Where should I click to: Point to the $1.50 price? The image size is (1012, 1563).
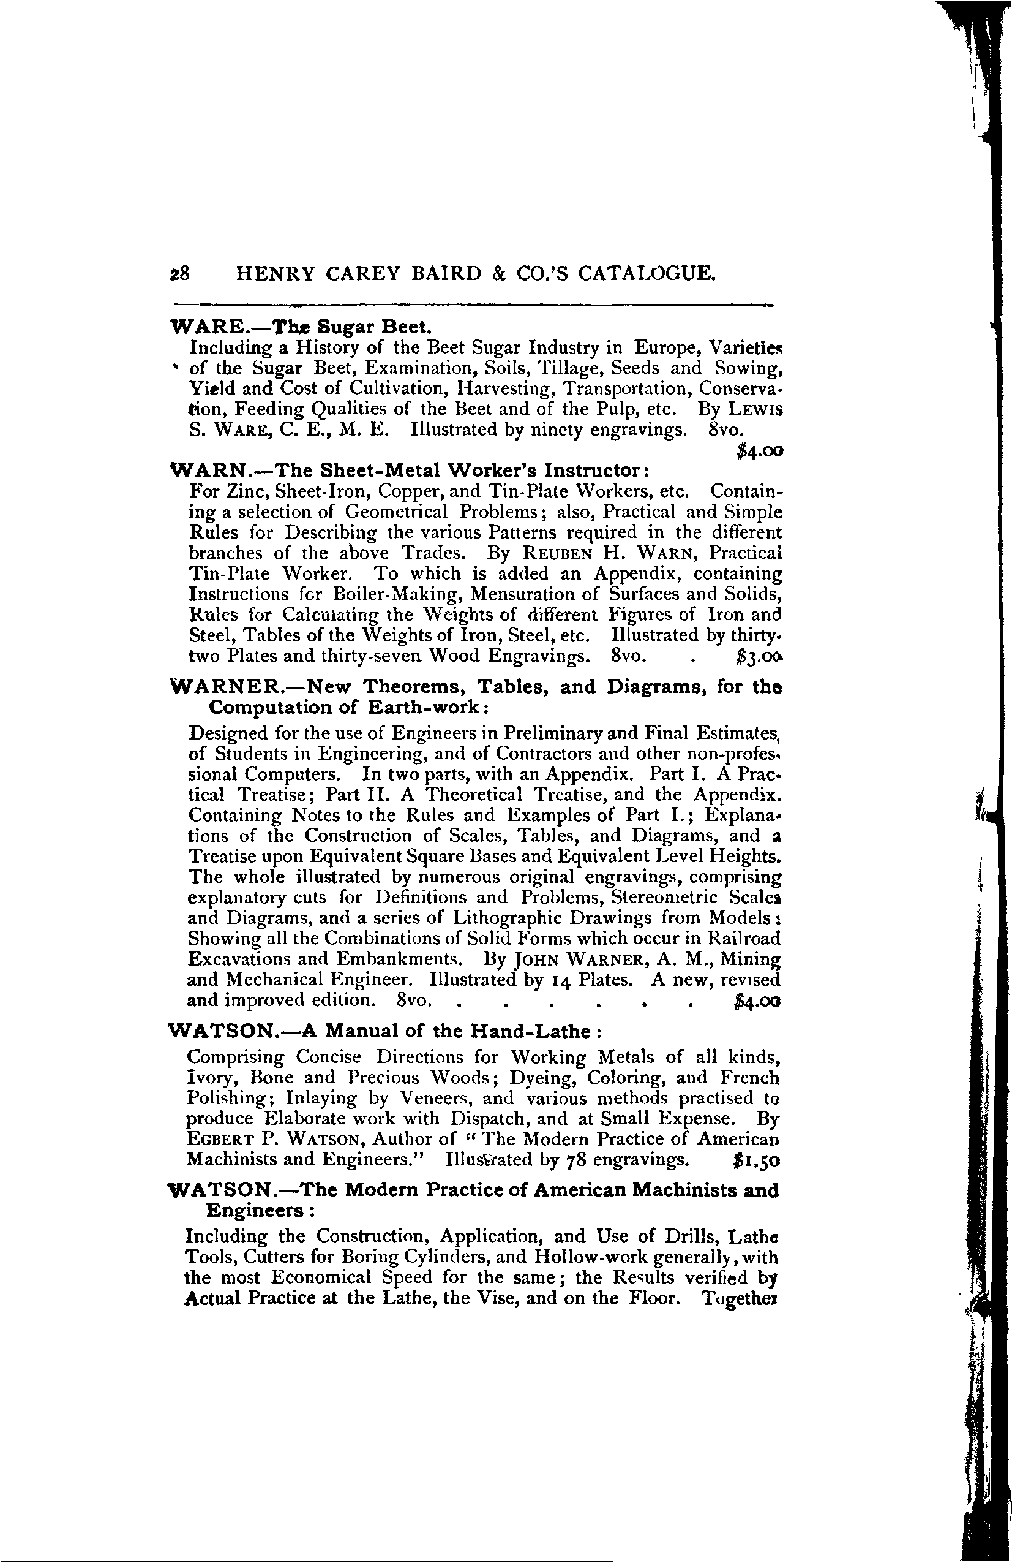[x=755, y=1160]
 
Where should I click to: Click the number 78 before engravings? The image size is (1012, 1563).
[x=576, y=1160]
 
